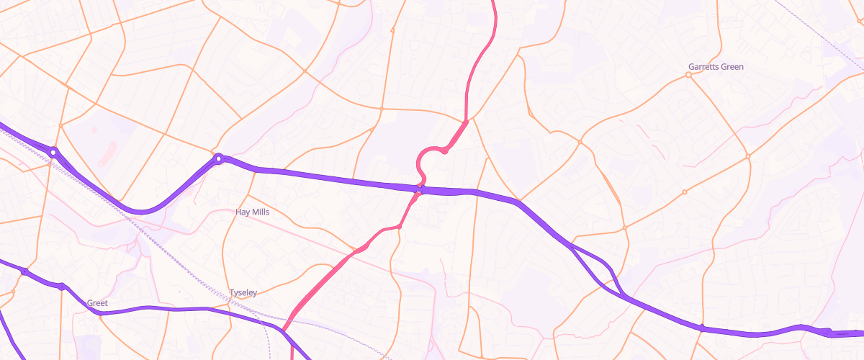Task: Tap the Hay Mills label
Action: [252, 212]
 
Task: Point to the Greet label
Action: [97, 303]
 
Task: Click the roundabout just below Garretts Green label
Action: [688, 75]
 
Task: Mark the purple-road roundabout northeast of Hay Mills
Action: [219, 158]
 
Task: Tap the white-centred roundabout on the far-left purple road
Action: [53, 152]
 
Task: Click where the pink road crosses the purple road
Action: [420, 189]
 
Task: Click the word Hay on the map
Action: [242, 212]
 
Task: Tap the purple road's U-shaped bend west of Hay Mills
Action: [143, 211]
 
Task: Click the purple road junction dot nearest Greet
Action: [62, 287]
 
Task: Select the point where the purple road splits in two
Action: [569, 246]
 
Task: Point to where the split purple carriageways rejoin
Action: [625, 296]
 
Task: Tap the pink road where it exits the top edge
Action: [494, 2]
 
